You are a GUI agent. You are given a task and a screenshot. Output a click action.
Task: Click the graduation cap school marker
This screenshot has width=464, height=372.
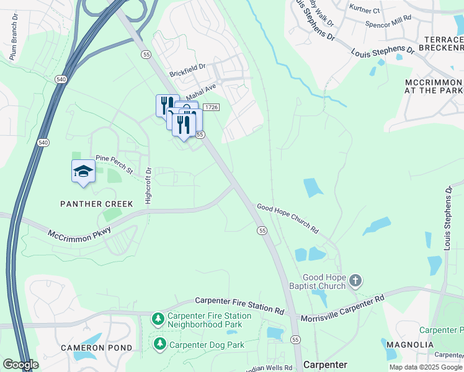tap(83, 172)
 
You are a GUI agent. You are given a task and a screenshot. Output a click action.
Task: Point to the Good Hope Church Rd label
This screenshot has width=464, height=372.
tap(288, 219)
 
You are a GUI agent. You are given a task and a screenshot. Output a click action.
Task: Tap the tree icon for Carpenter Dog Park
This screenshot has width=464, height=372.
tap(160, 344)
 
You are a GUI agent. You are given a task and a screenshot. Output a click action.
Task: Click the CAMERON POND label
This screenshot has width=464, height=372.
tap(96, 348)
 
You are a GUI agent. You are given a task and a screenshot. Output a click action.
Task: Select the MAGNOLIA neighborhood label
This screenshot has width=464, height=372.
tap(409, 344)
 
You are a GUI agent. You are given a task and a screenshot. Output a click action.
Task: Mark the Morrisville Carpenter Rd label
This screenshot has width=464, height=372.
tap(342, 308)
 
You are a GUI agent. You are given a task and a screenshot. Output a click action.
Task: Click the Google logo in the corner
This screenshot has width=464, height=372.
tap(20, 365)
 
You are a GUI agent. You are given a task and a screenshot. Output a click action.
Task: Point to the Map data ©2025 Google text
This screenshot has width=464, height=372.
tap(425, 367)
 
